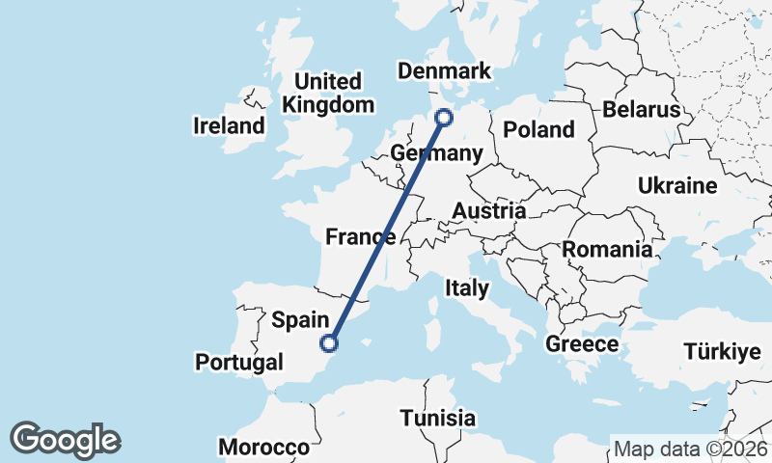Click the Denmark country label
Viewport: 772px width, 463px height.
coord(444,70)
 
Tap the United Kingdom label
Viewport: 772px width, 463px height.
coord(328,93)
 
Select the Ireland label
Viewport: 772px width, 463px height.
coord(229,125)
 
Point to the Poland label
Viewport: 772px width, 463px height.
coord(538,129)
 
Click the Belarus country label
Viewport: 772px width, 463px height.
coord(642,109)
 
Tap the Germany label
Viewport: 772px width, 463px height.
coord(436,154)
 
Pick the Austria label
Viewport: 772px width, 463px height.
coord(489,210)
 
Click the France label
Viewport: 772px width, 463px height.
coord(360,236)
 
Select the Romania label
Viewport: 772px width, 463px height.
coord(607,250)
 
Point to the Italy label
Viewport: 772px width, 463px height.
coord(467,287)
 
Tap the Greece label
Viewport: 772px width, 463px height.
coord(582,343)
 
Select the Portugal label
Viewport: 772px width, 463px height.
coord(239,362)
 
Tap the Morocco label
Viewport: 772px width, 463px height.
coord(263,448)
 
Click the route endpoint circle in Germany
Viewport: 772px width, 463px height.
coord(444,118)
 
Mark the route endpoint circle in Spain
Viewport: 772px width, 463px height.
coord(330,342)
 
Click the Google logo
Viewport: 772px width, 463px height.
coord(66,440)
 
